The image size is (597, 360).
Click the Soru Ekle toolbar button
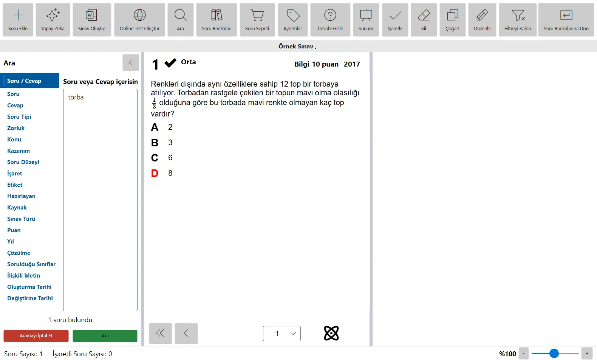(18, 20)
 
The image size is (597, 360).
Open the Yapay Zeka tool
(53, 20)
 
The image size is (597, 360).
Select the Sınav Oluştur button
(92, 20)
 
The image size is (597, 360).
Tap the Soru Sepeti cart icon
(257, 16)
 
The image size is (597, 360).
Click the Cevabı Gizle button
(330, 20)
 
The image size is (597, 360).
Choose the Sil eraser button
(424, 20)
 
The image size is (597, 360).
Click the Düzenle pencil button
(482, 20)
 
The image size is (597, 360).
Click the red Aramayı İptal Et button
(36, 336)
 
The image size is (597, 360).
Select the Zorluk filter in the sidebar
(16, 128)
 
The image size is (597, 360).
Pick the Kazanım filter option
(19, 151)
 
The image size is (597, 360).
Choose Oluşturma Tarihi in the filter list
(29, 287)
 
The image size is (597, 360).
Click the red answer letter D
(155, 173)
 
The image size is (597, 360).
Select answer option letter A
(155, 127)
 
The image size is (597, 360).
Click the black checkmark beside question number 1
(170, 63)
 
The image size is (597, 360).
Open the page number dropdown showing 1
(282, 333)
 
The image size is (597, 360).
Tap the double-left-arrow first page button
(161, 333)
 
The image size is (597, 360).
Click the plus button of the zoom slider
(587, 354)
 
